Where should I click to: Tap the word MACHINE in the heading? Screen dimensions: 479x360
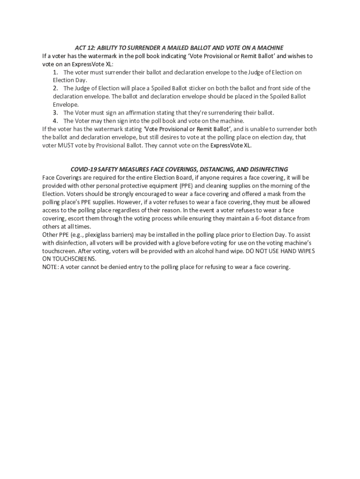[270, 48]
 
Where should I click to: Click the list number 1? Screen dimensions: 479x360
[55, 73]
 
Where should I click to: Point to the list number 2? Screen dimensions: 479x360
[55, 88]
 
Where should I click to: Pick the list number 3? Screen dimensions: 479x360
[55, 113]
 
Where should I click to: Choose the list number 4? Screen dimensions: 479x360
[55, 121]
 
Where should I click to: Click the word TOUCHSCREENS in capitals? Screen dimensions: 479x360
[74, 259]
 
